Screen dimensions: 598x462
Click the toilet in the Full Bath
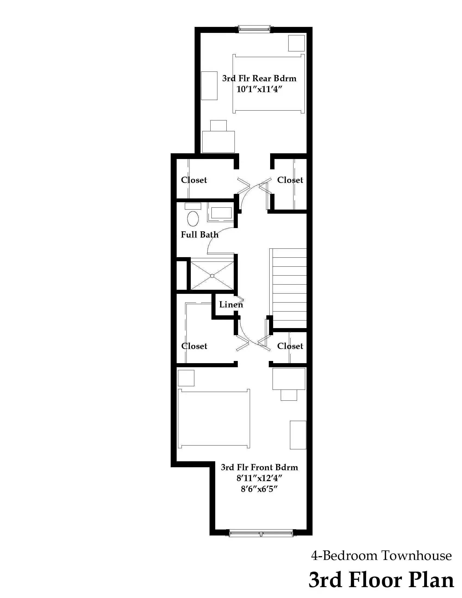pyautogui.click(x=193, y=218)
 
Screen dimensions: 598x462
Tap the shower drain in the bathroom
pyautogui.click(x=212, y=276)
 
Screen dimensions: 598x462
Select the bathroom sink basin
pyautogui.click(x=221, y=213)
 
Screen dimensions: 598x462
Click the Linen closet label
pyautogui.click(x=231, y=304)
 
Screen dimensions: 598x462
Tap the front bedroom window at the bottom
pyautogui.click(x=261, y=534)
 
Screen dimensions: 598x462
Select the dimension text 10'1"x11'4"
pyautogui.click(x=259, y=89)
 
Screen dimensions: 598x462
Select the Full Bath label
pyautogui.click(x=199, y=235)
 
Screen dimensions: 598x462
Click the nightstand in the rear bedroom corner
pyautogui.click(x=296, y=43)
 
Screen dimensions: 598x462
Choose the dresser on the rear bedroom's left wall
pyautogui.click(x=209, y=86)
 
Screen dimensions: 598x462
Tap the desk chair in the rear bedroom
pyautogui.click(x=218, y=126)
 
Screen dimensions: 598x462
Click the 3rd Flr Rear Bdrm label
pyautogui.click(x=259, y=79)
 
